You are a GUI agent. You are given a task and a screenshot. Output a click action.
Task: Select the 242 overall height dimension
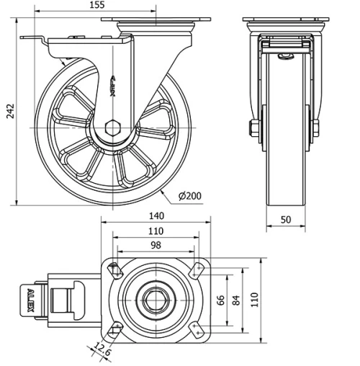(8, 110)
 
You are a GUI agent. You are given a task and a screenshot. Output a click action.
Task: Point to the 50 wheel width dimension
(285, 220)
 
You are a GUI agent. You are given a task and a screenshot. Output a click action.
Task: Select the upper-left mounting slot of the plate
(112, 269)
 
